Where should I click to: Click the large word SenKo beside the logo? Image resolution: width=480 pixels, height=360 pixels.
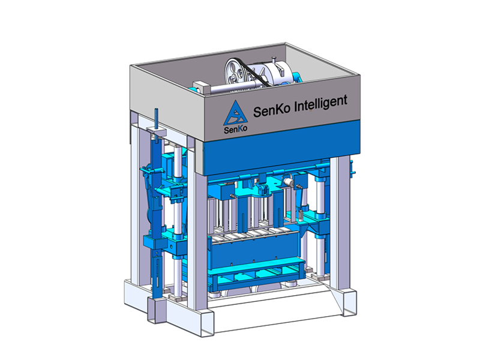(271, 110)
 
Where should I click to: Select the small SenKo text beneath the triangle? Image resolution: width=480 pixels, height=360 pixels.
(235, 129)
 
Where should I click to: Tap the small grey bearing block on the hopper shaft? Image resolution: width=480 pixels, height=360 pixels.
(200, 87)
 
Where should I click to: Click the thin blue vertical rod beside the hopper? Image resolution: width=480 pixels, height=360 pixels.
(157, 125)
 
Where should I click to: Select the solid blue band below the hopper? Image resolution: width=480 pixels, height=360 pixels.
(281, 148)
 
